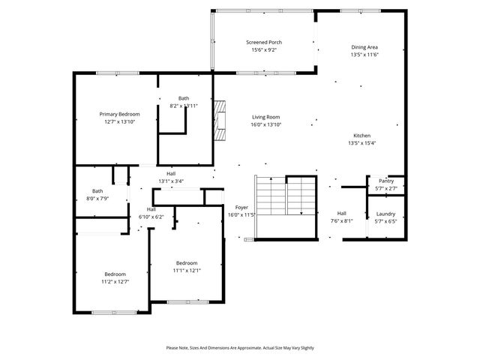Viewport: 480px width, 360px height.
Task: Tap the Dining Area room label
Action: tap(364, 46)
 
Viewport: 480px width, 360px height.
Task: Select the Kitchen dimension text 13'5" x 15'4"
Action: tap(361, 143)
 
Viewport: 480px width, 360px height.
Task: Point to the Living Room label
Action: tap(265, 117)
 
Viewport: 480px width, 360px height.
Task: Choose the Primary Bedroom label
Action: tap(119, 114)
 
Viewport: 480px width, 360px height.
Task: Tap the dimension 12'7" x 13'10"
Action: tap(119, 121)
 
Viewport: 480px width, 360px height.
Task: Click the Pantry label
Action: tap(386, 181)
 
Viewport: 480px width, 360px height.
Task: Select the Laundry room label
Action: tap(385, 214)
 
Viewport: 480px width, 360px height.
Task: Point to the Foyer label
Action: tap(241, 207)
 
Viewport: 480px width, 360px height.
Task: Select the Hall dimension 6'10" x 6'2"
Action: tap(151, 217)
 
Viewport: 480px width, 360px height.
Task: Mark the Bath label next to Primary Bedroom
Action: tap(184, 98)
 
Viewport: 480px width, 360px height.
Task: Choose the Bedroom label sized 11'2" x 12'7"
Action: tap(115, 274)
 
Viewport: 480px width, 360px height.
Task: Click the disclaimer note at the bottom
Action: tap(240, 348)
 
